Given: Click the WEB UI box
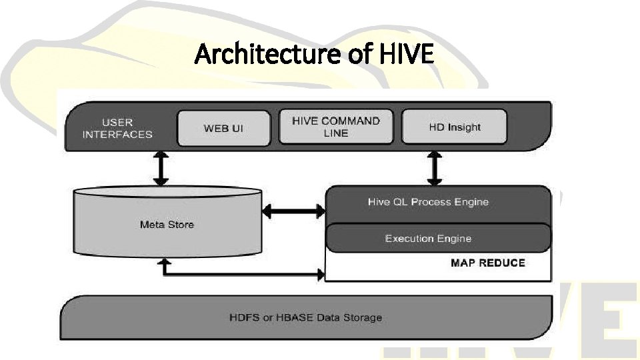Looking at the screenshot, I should tap(223, 127).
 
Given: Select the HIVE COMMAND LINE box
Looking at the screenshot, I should tap(336, 127).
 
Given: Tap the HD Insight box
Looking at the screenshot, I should tap(455, 127).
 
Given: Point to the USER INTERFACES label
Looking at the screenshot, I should tap(117, 128).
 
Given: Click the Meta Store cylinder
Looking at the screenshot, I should tap(167, 225).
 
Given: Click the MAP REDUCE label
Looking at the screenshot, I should tap(487, 263).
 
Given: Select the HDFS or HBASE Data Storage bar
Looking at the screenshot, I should tap(305, 317).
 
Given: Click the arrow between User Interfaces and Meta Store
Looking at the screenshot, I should tap(160, 169).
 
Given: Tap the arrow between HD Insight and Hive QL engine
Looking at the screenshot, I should tap(434, 169).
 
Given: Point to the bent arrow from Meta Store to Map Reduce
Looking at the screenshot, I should tap(240, 273).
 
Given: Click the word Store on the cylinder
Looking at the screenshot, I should tap(180, 225).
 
